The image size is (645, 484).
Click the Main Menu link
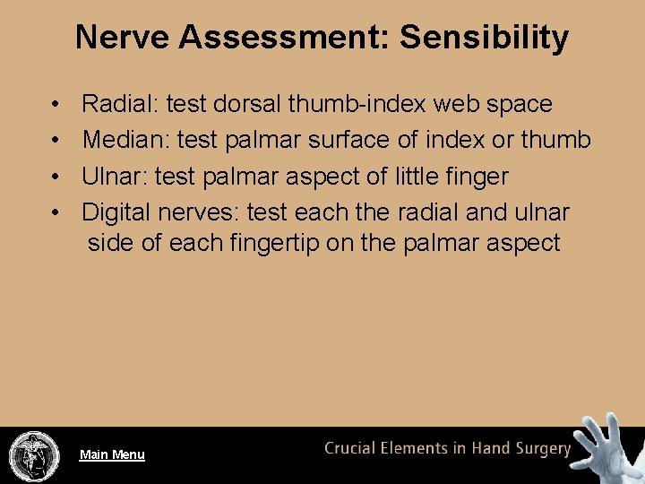click(112, 454)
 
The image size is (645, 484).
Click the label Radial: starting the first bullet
click(120, 104)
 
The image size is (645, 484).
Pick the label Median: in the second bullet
click(126, 140)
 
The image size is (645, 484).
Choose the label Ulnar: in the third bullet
click(115, 177)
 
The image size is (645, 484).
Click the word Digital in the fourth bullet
click(116, 212)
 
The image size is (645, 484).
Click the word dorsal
click(248, 104)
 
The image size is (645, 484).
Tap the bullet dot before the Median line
click(56, 141)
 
